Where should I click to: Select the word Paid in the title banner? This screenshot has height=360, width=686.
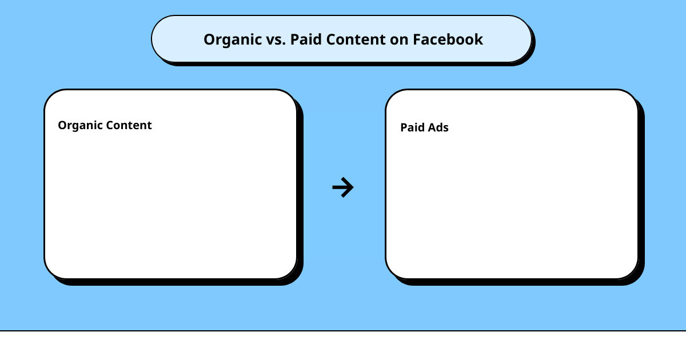click(x=304, y=40)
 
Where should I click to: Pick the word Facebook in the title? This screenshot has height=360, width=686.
click(x=448, y=40)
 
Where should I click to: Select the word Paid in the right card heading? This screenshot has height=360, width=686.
click(x=412, y=128)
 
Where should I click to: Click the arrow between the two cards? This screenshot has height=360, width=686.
click(x=343, y=187)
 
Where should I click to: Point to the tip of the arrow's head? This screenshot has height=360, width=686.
click(x=353, y=187)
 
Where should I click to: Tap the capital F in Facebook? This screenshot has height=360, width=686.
click(x=417, y=40)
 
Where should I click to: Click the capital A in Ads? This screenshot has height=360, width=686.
click(x=432, y=128)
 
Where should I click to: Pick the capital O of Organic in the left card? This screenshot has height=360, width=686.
click(x=62, y=125)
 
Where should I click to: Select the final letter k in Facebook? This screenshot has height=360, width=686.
click(x=479, y=40)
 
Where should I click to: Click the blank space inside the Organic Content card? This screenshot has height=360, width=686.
click(x=170, y=206)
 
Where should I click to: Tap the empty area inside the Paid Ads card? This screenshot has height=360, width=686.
click(x=512, y=206)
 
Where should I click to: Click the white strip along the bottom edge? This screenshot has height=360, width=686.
click(x=343, y=346)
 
